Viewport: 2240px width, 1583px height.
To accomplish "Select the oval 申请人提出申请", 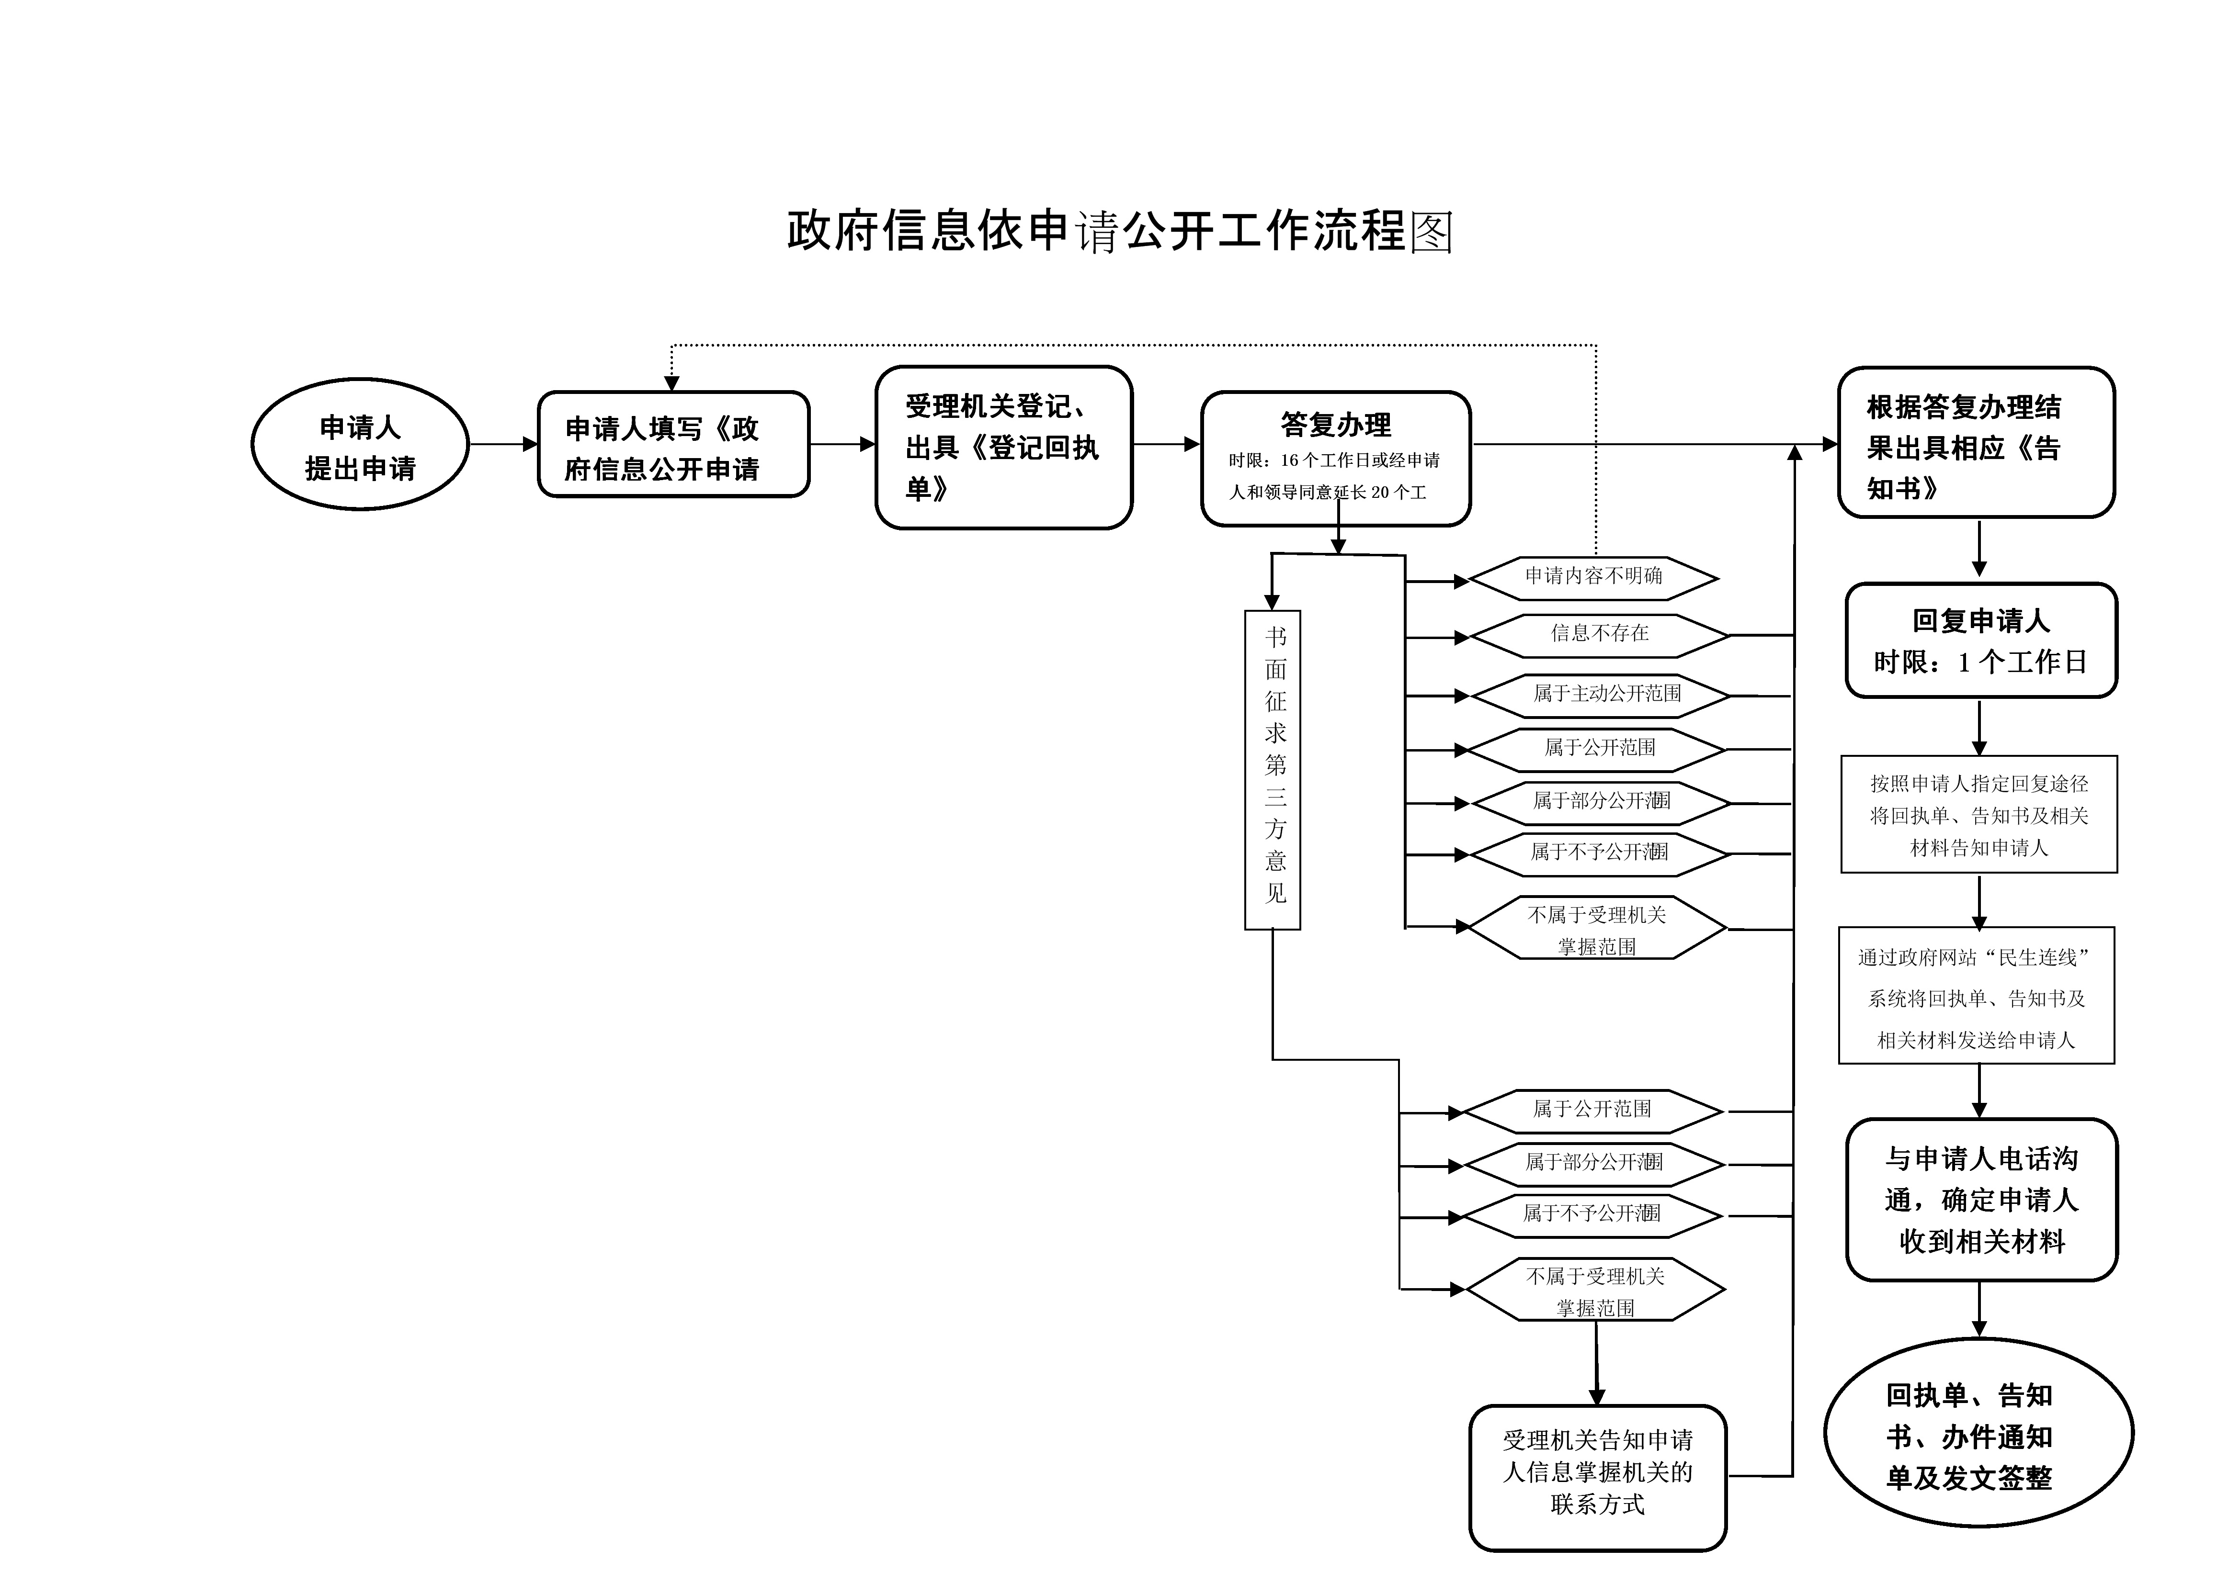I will click(x=360, y=445).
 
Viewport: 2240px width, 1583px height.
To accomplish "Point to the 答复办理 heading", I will click(x=1336, y=425).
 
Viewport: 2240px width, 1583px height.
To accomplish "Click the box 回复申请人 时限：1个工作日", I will click(x=1980, y=641).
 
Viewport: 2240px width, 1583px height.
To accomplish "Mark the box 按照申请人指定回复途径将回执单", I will click(x=1978, y=814).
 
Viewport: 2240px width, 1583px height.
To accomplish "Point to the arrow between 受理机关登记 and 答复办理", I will click(x=1166, y=445).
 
